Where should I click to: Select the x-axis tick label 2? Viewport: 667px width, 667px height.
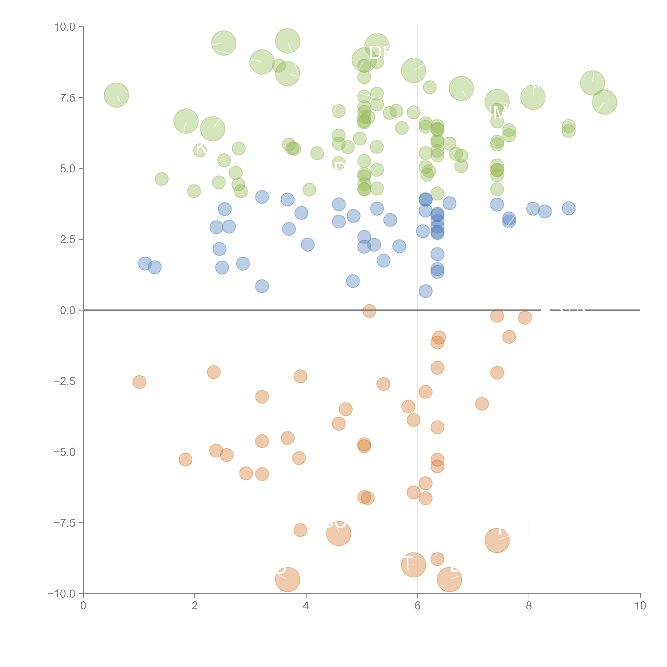click(195, 606)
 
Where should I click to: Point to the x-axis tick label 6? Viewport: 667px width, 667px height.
click(417, 606)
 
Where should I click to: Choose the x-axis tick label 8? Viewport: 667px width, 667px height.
click(529, 606)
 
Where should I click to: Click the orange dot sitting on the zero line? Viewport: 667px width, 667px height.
click(369, 311)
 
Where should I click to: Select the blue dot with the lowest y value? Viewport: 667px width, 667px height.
click(425, 291)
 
